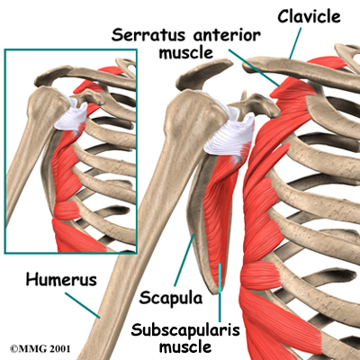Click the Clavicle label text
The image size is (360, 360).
point(309,16)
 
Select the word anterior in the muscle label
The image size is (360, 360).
point(227,35)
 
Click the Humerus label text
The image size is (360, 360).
point(61,279)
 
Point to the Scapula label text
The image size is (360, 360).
point(171,298)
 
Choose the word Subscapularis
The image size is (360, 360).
point(185,330)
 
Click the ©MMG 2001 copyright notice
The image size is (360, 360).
point(40,349)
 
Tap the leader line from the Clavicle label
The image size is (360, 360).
point(295,43)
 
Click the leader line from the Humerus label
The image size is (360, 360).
point(83,305)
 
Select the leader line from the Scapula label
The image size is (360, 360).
point(184,260)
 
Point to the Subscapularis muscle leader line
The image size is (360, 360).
point(220,292)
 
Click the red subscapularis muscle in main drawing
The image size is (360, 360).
point(221,210)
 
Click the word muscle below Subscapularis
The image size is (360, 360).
point(185,346)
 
